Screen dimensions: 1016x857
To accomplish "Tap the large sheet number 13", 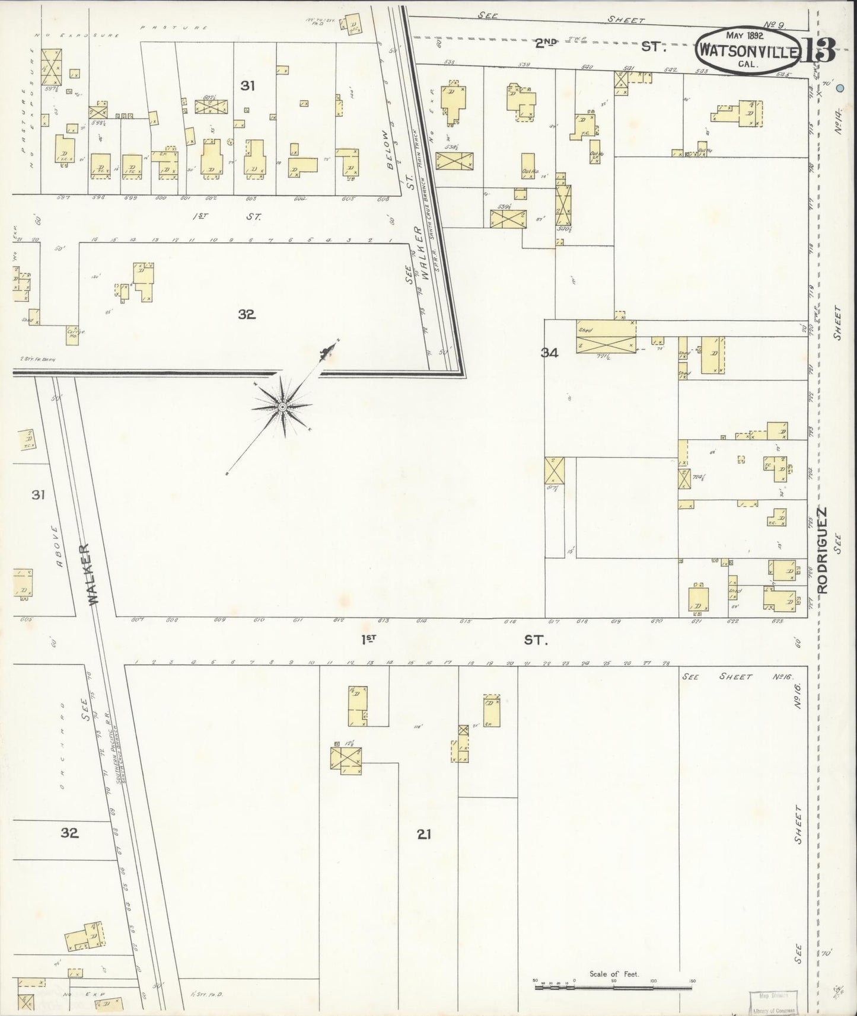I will pyautogui.click(x=819, y=50).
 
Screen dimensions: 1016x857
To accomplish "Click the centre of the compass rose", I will pyautogui.click(x=282, y=407).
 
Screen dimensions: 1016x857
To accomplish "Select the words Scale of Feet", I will pyautogui.click(x=614, y=974).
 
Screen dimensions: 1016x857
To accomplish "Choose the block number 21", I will pyautogui.click(x=423, y=835).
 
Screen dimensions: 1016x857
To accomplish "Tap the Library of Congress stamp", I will pyautogui.click(x=774, y=1002).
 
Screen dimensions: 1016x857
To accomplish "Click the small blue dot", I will pyautogui.click(x=840, y=88).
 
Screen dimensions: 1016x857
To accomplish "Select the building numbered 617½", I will pyautogui.click(x=555, y=472).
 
